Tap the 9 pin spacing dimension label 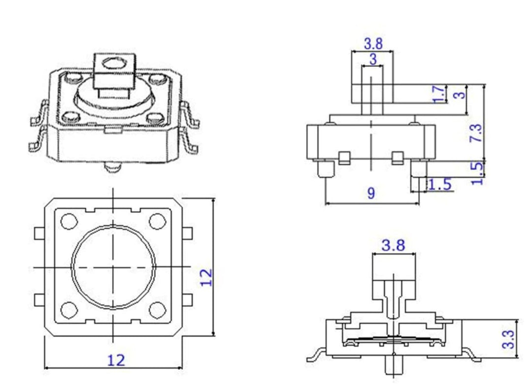tap(371, 193)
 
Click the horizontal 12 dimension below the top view tap(116, 360)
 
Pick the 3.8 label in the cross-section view tap(394, 245)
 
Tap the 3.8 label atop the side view tap(373, 43)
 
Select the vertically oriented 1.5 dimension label tap(477, 173)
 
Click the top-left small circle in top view tap(68, 220)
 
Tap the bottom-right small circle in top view tap(157, 310)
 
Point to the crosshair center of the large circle tap(113, 268)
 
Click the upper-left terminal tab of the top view tap(38, 233)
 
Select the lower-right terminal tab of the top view tap(187, 299)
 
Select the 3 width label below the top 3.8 tap(373, 60)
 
